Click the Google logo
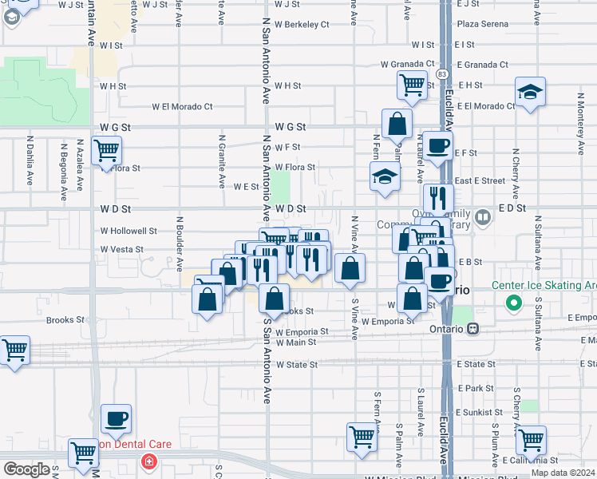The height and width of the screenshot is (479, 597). (26, 469)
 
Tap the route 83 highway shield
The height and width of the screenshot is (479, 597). (441, 74)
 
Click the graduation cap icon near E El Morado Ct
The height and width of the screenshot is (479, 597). (530, 92)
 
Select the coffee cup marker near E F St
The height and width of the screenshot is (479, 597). (437, 146)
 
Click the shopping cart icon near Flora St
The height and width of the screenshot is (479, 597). (106, 150)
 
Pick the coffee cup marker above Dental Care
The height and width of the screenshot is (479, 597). (116, 419)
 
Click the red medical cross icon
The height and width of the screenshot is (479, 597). (148, 461)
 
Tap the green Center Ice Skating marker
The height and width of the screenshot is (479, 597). (514, 303)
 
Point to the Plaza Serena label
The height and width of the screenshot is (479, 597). (483, 24)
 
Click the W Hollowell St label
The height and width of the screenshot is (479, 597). (128, 230)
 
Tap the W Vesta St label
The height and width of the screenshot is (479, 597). (121, 249)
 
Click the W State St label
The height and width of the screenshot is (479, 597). (296, 364)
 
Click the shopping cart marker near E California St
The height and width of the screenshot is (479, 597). (531, 440)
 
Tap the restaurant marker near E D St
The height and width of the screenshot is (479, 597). (437, 197)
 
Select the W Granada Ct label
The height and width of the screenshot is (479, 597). (407, 65)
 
